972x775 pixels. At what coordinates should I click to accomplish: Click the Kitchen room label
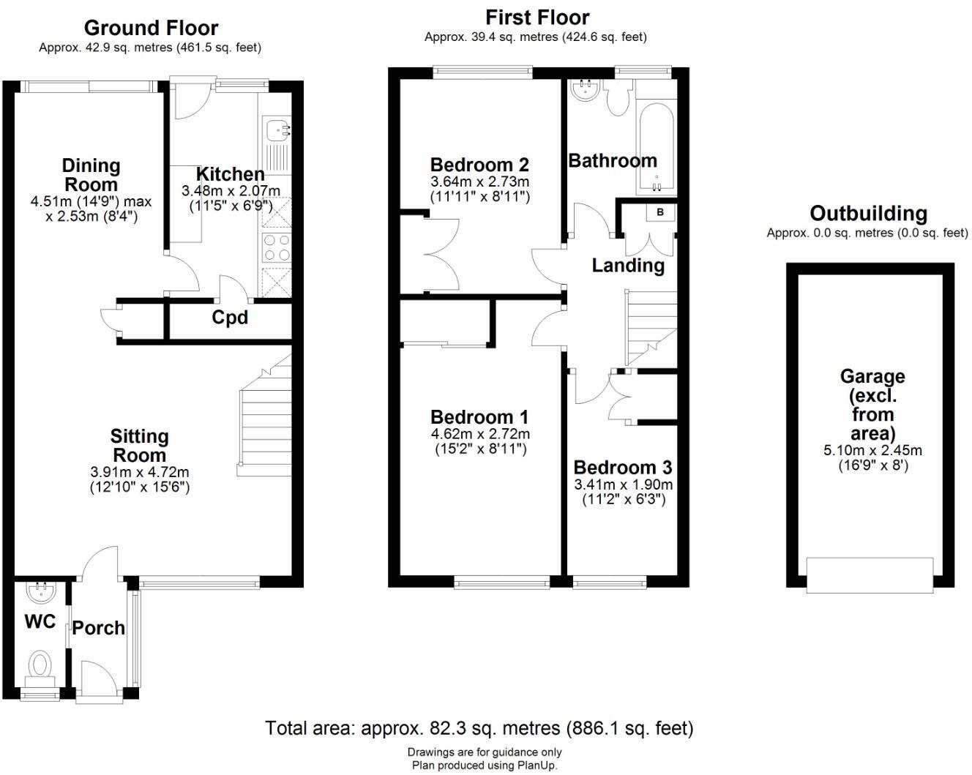[x=231, y=174]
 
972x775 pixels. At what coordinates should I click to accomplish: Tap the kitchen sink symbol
[x=278, y=131]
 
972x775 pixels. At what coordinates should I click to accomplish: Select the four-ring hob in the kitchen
[x=276, y=247]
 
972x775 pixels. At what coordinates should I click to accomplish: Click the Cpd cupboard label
[x=230, y=318]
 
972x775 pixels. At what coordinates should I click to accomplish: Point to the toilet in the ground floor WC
[x=40, y=665]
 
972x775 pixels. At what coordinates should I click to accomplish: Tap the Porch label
[x=98, y=628]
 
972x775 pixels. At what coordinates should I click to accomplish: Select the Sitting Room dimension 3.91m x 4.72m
[x=140, y=472]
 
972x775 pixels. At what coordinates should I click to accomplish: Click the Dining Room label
[x=91, y=175]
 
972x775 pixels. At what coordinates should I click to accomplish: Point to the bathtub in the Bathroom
[x=657, y=139]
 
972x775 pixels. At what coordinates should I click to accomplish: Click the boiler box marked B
[x=660, y=212]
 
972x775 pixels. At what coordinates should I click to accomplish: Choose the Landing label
[x=628, y=266]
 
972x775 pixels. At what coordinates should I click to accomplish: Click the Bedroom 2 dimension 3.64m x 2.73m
[x=479, y=181]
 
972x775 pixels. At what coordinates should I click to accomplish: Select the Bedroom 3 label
[x=622, y=468]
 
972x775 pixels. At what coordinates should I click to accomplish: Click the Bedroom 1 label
[x=479, y=417]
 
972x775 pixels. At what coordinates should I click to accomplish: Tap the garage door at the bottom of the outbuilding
[x=870, y=574]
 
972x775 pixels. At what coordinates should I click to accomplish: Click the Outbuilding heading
[x=868, y=214]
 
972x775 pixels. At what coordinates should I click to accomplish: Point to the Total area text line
[x=479, y=728]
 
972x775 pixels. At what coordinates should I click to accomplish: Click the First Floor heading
[x=537, y=18]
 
